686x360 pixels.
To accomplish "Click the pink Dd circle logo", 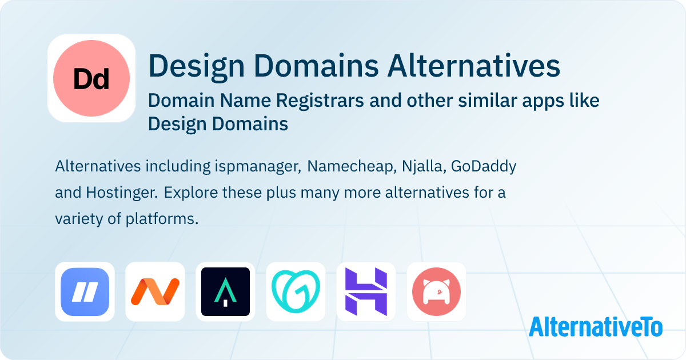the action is coord(91,78).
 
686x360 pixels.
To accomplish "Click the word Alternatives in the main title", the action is coord(474,66).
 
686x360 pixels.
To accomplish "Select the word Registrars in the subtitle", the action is coord(320,101).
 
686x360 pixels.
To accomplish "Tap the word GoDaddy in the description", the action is coord(484,167).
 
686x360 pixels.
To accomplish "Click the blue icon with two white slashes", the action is coord(85,292).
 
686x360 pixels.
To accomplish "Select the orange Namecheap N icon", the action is coord(155,292).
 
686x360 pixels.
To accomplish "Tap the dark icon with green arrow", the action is coord(225,292).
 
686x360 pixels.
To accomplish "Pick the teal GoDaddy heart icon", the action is coord(296,292).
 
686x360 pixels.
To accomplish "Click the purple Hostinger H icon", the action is coord(366,292).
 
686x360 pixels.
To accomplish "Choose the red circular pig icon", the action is coord(436,292).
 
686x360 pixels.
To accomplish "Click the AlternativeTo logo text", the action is coord(596,327).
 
